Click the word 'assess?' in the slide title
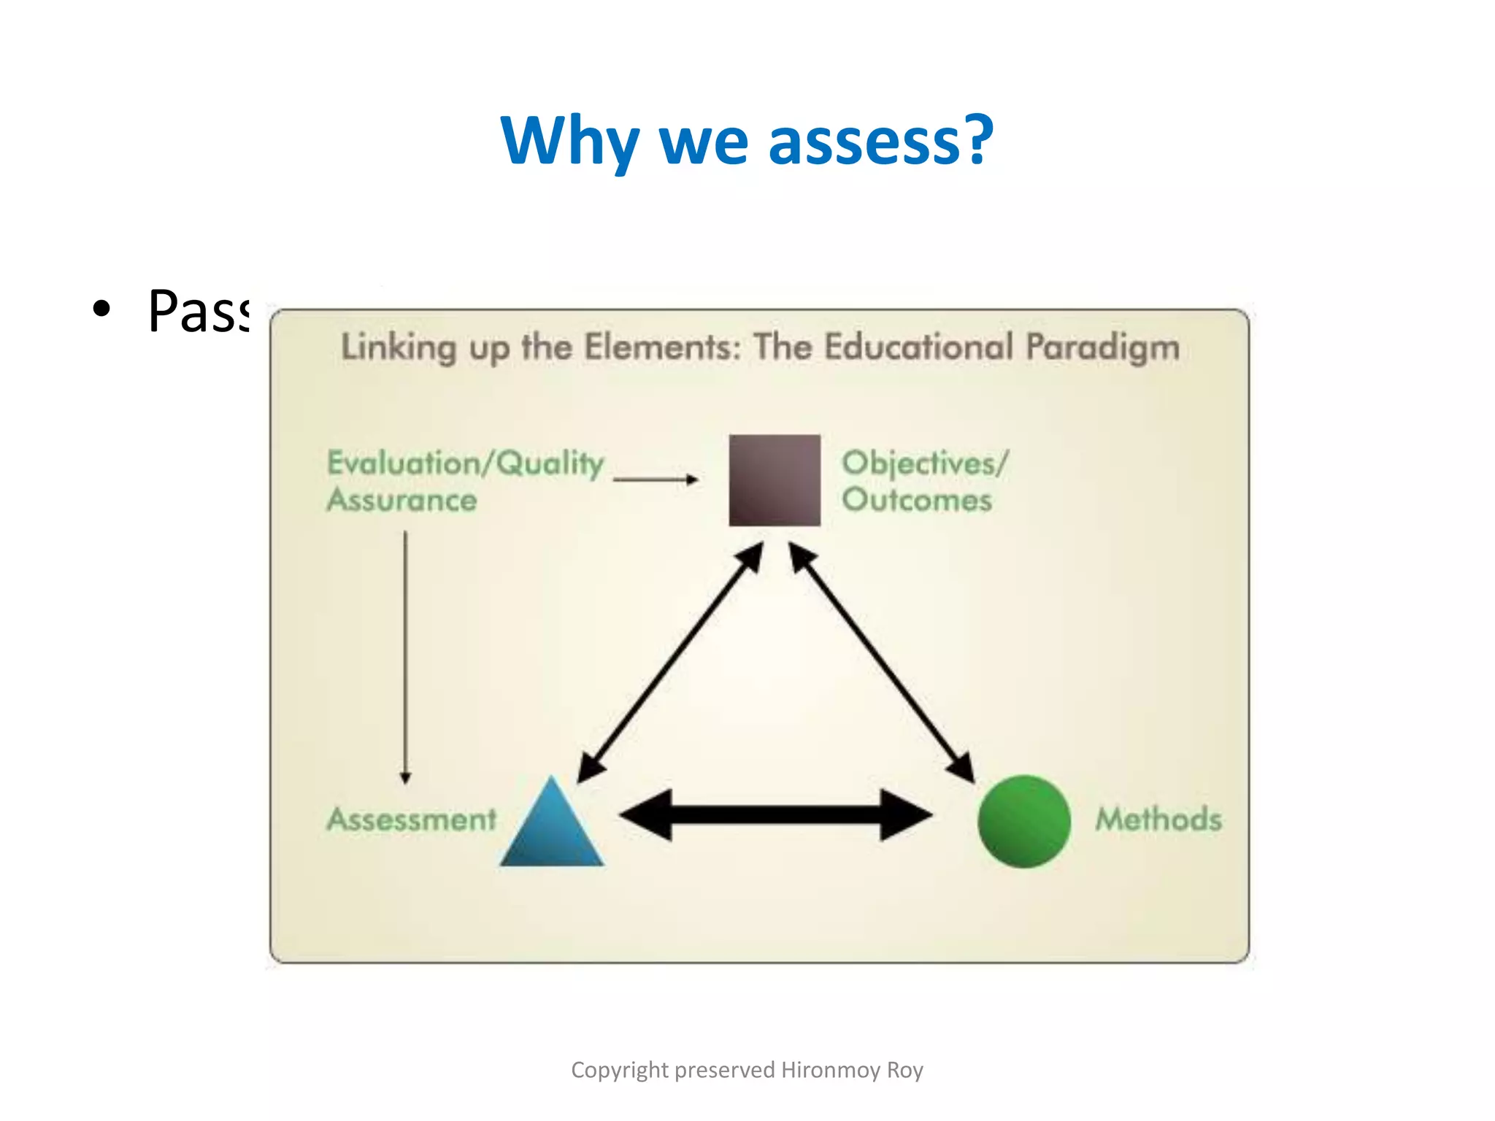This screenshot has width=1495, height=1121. point(880,140)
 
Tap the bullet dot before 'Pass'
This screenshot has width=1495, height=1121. point(102,309)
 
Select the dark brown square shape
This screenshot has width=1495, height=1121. point(774,480)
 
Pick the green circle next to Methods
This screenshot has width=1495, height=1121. point(1023,821)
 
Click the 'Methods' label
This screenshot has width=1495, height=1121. point(1158,819)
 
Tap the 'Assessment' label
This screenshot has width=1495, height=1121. point(412,819)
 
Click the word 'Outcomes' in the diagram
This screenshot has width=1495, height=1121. point(917,500)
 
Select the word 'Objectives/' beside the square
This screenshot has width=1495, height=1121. point(925,463)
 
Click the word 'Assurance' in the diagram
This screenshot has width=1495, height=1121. point(402,500)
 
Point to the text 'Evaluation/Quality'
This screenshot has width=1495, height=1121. point(466,463)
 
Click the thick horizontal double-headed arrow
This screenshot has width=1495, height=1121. point(775,814)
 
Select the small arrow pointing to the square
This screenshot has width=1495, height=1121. point(656,479)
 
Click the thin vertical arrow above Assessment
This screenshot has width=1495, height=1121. point(406,657)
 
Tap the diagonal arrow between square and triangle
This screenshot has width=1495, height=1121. point(670,663)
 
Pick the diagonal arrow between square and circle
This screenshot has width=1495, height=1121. point(882,663)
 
